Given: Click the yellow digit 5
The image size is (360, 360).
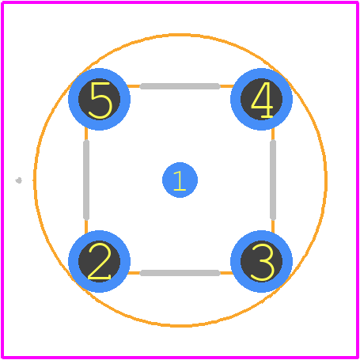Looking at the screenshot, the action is point(100,100).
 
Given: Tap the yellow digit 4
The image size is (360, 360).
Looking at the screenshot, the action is point(262,100).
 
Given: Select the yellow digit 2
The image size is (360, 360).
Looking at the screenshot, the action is point(99,262).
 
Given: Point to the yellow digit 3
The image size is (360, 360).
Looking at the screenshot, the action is point(263,262).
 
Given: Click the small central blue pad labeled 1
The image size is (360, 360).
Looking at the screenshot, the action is point(180,180).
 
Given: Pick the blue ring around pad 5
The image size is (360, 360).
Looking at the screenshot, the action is point(73,99).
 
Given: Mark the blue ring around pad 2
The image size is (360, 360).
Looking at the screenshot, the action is point(73,262).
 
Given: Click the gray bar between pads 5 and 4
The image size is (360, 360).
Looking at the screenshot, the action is point(180,86).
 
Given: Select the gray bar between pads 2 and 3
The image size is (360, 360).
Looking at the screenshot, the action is point(180,273).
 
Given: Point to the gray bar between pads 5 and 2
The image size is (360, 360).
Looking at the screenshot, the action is point(86,180).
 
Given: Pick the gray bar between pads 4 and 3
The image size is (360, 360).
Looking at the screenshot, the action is point(273,180).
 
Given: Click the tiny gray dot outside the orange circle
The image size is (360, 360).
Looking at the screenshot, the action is point(18,180).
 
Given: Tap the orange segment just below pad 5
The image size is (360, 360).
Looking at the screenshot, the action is point(86,135).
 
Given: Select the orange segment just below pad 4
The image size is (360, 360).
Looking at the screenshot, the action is point(273,135).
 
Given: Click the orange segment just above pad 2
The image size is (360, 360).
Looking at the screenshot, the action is point(86,226).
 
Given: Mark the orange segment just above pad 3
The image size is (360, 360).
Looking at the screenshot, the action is point(273,226).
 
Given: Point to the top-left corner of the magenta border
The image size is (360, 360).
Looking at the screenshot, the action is point(2,2).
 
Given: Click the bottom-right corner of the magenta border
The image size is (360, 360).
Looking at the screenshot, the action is point(358,358).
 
